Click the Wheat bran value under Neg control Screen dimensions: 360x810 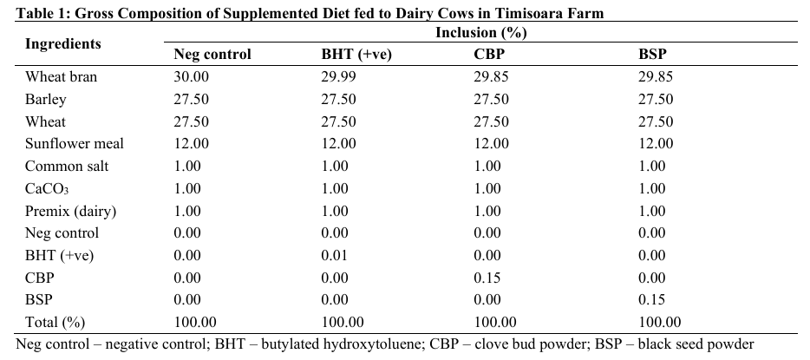pos(192,77)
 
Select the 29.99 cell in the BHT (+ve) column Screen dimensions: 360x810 pos(338,77)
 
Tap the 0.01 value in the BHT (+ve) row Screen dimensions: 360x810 pos(335,255)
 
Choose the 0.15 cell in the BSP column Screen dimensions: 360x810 pos(652,300)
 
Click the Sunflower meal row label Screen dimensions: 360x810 pos(75,144)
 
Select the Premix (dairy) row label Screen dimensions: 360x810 pos(70,211)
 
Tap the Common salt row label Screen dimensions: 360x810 pos(67,167)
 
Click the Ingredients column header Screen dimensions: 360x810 pos(62,43)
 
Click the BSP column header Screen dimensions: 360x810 pos(652,54)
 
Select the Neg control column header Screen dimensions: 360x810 pos(212,54)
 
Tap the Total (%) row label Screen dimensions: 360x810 pos(55,322)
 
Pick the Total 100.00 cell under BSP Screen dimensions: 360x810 pos(659,322)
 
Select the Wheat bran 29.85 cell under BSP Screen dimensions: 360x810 pos(656,77)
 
